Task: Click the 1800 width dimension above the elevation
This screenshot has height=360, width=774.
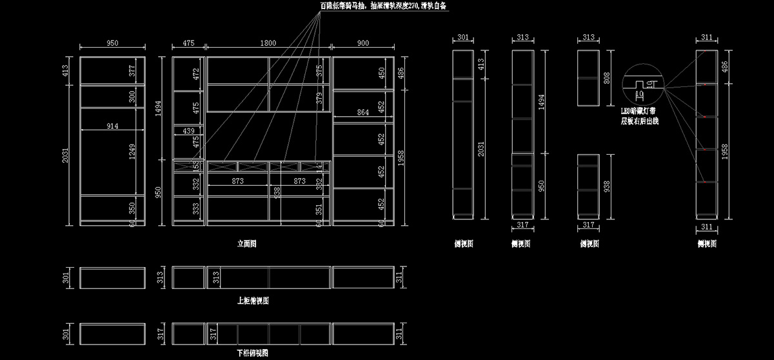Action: click(268, 43)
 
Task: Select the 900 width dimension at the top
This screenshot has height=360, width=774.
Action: click(362, 43)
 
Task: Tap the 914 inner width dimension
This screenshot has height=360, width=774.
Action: click(112, 126)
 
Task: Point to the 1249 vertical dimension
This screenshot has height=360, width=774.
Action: click(132, 153)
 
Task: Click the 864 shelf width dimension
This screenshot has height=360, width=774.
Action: click(363, 113)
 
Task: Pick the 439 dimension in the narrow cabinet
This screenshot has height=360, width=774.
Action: click(189, 131)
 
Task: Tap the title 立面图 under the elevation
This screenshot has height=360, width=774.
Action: click(247, 244)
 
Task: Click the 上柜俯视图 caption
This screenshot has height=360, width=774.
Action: click(253, 301)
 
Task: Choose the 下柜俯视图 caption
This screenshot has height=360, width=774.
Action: click(253, 353)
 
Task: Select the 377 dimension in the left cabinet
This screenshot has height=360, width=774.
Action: click(132, 70)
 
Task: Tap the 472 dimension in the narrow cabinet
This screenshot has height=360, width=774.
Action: click(197, 74)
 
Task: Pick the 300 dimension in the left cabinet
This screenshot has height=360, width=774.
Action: click(132, 96)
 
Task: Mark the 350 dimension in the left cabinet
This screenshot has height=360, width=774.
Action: click(132, 208)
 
